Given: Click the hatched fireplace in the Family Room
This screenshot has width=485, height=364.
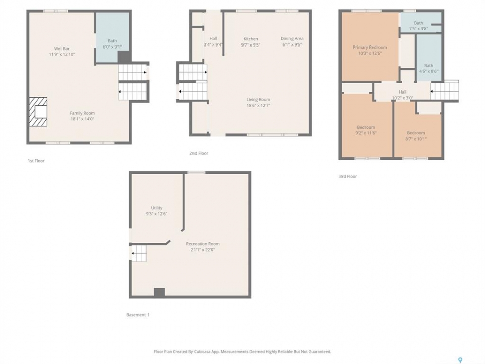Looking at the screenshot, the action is (x=38, y=112).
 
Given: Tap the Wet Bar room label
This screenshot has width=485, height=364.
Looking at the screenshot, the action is (x=62, y=49).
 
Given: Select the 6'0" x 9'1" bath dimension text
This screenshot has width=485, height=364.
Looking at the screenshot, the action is (x=112, y=47).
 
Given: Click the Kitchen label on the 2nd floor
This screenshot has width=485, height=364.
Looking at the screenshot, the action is (x=251, y=39).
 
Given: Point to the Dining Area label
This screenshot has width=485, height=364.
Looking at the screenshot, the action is (x=292, y=39).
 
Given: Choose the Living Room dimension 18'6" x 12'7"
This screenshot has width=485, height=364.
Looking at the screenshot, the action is (x=258, y=105).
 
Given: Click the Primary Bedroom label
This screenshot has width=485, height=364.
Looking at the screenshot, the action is (x=370, y=48).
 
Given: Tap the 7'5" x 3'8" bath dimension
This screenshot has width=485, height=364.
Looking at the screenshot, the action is (x=418, y=29).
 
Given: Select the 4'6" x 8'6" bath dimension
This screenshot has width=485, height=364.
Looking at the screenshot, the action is (x=429, y=71).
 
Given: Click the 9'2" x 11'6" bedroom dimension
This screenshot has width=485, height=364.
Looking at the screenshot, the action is (x=366, y=133).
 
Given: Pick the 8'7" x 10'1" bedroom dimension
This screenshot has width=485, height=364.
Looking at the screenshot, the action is (x=416, y=139).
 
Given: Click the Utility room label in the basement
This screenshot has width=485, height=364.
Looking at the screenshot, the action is (x=157, y=208).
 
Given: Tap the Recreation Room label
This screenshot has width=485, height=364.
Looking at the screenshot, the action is (x=203, y=244).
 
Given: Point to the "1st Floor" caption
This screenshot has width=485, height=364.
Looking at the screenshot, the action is (x=36, y=161).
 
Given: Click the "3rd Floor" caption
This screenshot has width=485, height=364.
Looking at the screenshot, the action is (x=348, y=177).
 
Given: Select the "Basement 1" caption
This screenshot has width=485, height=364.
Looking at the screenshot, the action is (x=137, y=315).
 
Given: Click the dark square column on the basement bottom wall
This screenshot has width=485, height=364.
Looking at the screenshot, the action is (x=159, y=293).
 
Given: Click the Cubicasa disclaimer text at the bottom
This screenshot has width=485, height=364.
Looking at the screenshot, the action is (x=243, y=352).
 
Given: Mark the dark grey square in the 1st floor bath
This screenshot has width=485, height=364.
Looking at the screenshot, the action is (x=124, y=57).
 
